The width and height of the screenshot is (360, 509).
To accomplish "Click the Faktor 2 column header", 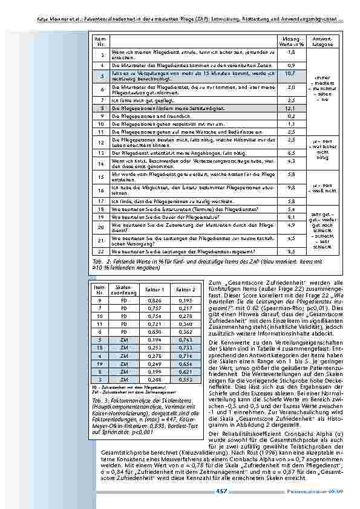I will [185, 291].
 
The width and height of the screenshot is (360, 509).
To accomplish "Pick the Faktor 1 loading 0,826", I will [155, 300].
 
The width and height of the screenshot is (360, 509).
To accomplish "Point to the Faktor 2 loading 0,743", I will [185, 341].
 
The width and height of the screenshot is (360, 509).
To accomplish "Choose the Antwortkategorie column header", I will [322, 42].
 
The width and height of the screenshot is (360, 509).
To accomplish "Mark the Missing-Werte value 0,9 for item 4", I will [290, 65].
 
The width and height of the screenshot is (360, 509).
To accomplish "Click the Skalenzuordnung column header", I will [123, 291].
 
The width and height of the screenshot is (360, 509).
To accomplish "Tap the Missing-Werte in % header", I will [290, 42].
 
